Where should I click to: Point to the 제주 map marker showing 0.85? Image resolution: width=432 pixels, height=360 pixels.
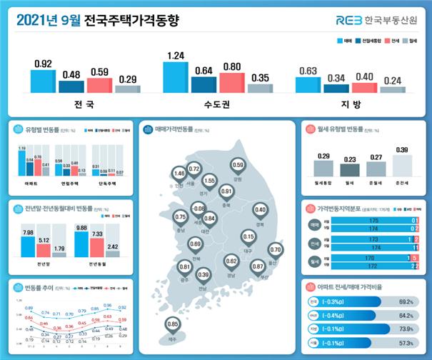[173, 326]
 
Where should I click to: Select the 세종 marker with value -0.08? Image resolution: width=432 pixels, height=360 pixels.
[199, 209]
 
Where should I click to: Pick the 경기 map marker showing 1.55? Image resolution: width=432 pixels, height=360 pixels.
[209, 181]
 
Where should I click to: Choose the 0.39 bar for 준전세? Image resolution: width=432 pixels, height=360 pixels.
[403, 166]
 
